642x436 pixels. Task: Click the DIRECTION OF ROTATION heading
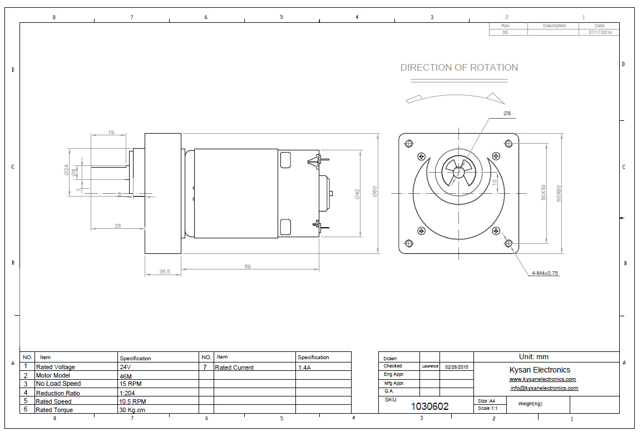coord(459,67)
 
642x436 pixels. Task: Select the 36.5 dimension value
coord(165,272)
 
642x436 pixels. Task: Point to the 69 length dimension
coord(248,266)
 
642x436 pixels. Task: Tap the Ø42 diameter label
coord(357,194)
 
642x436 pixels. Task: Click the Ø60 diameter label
coord(374,192)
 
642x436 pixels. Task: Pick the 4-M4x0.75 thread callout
coord(545,273)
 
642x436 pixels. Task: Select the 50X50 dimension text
coord(544,193)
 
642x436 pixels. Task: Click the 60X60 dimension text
coord(559,193)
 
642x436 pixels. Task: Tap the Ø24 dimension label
coord(66,170)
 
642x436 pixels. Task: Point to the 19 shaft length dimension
coord(111,133)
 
